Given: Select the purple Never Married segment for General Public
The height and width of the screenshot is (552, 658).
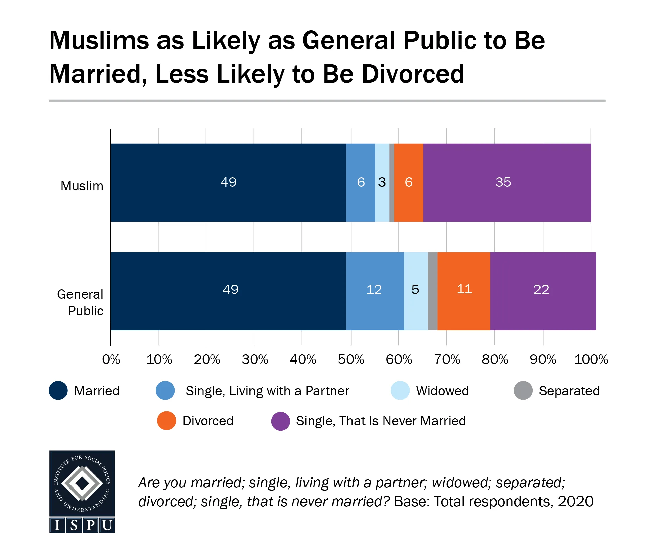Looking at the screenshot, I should click(x=543, y=306).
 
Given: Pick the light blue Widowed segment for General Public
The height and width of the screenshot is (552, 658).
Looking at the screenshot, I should click(x=416, y=306).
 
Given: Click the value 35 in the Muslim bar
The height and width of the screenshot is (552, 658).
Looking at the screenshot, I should click(x=503, y=182).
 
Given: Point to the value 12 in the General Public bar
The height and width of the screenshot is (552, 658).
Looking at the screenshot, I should click(x=374, y=290).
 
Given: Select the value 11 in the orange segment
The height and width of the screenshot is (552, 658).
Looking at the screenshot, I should click(x=464, y=289).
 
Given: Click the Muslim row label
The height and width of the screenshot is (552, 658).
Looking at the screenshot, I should click(x=82, y=186).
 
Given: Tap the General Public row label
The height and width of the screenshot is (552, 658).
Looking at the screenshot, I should click(x=81, y=302).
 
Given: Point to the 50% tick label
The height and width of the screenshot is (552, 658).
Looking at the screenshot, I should click(x=351, y=360).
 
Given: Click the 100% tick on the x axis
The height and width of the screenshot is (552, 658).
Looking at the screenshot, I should click(x=591, y=360).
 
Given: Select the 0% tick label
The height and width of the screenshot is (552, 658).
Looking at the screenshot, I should click(x=111, y=360).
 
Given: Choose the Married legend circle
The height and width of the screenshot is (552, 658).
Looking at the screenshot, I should click(x=58, y=390).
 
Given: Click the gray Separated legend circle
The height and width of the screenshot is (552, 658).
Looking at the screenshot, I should click(x=523, y=390).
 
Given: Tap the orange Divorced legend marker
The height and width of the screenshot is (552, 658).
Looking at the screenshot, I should click(x=167, y=421).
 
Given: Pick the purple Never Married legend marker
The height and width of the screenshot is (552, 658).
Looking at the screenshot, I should click(x=280, y=421).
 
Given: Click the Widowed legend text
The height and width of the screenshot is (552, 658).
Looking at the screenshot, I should click(x=442, y=391).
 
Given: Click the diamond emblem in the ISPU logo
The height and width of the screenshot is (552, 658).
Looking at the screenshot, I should click(x=82, y=483).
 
